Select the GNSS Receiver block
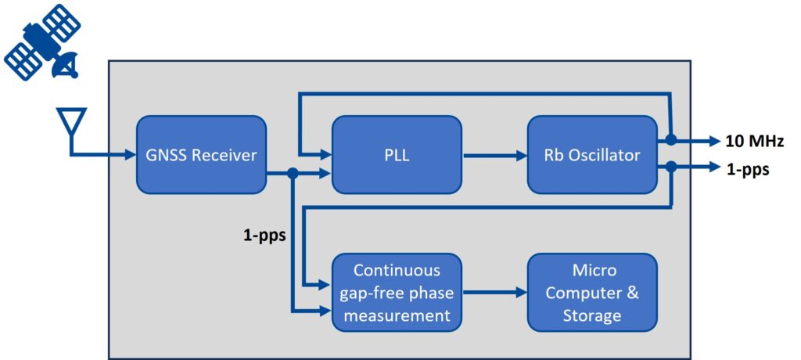click(x=201, y=154)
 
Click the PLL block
click(x=397, y=154)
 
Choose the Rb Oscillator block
click(x=592, y=154)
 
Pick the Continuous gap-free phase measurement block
click(x=397, y=292)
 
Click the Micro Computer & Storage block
click(x=592, y=292)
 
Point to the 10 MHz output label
click(x=753, y=141)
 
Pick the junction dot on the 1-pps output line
click(x=671, y=167)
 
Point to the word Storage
click(x=592, y=315)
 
